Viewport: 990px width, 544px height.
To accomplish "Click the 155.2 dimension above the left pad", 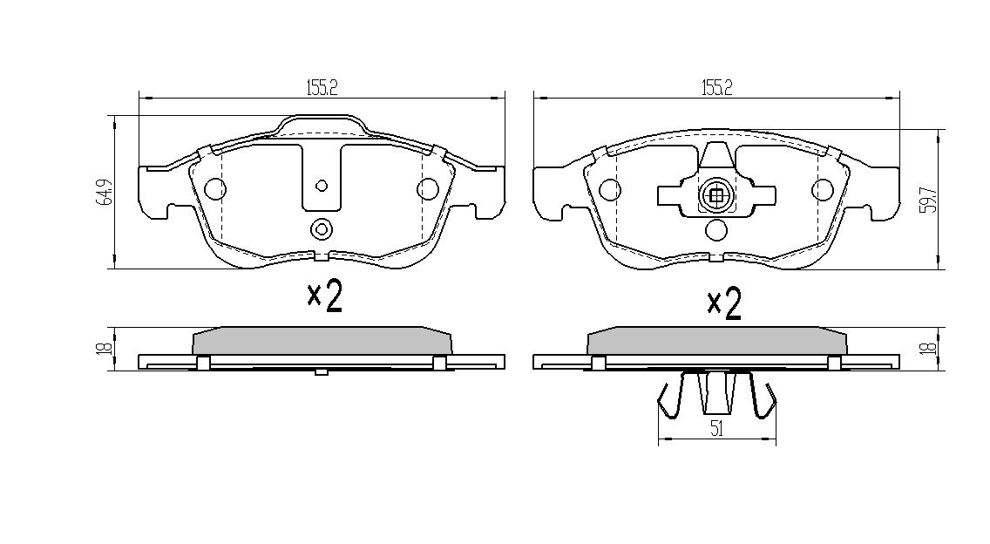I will [x=322, y=86].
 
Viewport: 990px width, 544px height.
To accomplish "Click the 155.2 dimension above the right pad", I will [x=715, y=86].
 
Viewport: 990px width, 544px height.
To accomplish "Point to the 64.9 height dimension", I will [x=104, y=192].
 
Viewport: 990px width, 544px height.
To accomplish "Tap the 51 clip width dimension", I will [x=717, y=428].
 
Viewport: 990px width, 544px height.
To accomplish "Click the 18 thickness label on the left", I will [x=104, y=348].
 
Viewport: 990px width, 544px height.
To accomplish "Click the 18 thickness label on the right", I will [x=930, y=348].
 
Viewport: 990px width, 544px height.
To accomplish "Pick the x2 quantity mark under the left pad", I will [x=324, y=296].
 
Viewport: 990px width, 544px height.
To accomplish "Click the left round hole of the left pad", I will [x=214, y=188].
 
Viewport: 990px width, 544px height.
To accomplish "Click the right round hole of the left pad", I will [x=427, y=188].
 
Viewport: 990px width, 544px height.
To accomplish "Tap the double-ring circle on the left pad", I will [x=321, y=230].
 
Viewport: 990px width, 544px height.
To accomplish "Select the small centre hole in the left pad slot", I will [x=321, y=185].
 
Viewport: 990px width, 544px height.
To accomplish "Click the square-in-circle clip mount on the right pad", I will [x=715, y=196].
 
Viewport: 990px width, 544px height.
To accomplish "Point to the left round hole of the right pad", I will [x=610, y=189].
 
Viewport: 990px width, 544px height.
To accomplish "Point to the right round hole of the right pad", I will [x=822, y=189].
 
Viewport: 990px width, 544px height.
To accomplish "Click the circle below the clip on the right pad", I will [x=715, y=230].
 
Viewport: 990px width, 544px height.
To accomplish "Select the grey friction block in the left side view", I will [x=321, y=341].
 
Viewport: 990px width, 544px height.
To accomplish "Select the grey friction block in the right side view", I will [x=716, y=341].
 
